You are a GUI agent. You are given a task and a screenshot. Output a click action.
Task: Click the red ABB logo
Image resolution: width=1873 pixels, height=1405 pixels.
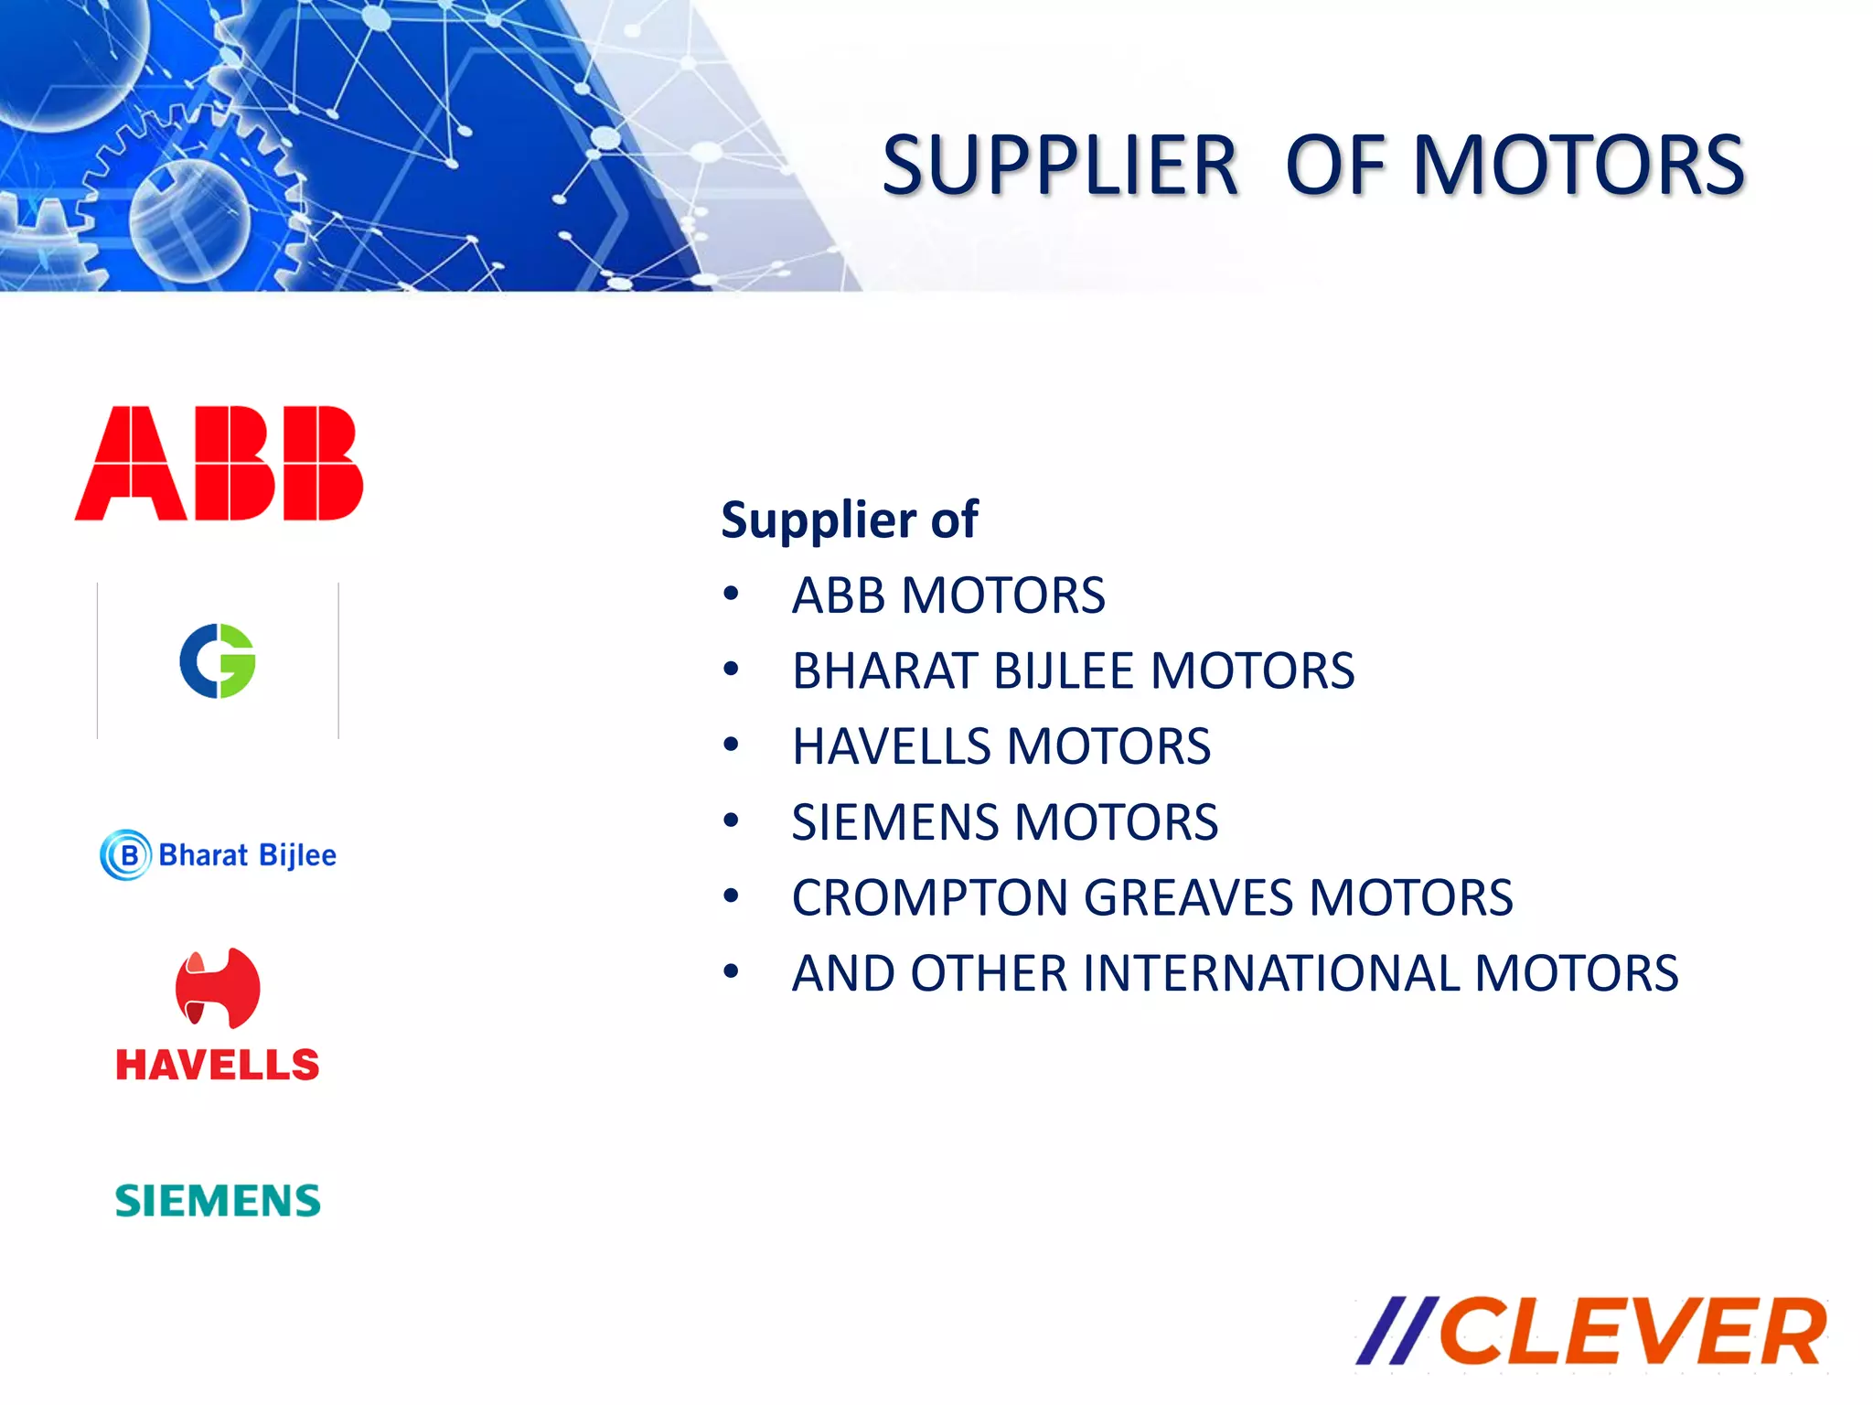(219, 464)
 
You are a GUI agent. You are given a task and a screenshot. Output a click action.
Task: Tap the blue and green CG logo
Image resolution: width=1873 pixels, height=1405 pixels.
(218, 661)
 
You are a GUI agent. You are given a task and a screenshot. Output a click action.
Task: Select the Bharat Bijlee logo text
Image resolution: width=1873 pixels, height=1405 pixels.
(247, 855)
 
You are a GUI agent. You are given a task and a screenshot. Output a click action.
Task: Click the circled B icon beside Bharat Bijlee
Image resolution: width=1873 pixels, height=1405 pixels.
(126, 855)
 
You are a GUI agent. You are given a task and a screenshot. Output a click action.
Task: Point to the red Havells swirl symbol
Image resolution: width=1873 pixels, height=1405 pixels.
(218, 988)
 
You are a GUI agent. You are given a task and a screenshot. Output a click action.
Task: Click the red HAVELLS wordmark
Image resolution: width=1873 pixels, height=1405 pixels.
(218, 1066)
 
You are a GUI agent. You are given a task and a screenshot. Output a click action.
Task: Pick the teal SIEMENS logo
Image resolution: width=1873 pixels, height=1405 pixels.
(218, 1201)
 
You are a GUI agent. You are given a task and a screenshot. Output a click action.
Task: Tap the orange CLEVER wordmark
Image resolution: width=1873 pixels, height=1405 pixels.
(1632, 1332)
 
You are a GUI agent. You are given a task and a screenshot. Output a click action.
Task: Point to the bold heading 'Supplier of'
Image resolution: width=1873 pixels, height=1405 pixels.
(850, 520)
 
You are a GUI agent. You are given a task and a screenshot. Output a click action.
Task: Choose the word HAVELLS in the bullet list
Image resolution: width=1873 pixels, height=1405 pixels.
(892, 746)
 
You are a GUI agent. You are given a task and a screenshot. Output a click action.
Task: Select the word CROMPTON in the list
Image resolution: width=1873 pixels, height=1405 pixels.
(929, 897)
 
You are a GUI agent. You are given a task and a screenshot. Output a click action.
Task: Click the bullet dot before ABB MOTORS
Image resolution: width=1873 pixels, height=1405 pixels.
(730, 595)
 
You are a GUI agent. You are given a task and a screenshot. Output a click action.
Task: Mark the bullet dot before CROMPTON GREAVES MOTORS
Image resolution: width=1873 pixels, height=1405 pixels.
(730, 896)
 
